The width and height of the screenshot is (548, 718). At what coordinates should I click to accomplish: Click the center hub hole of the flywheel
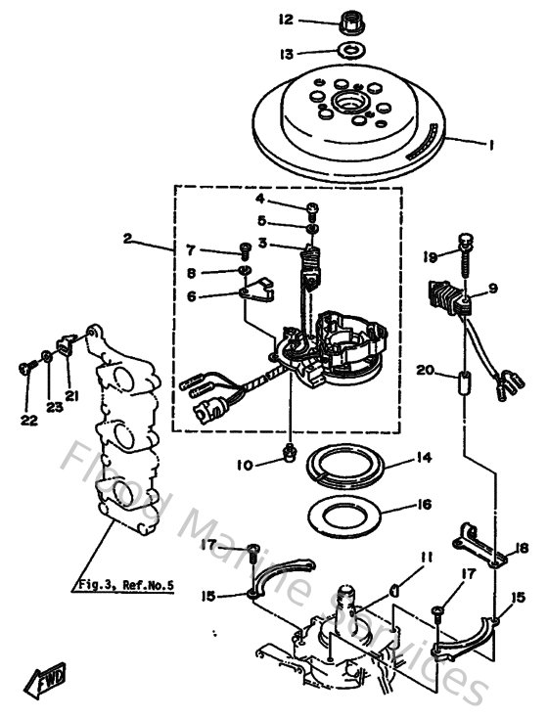[348, 102]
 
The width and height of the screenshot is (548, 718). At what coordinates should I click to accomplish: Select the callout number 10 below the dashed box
[245, 464]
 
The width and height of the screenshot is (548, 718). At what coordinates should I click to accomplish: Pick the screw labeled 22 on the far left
[23, 367]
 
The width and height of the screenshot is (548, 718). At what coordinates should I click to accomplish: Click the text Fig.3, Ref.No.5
[124, 586]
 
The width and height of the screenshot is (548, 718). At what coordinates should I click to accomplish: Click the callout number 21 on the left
[70, 395]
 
